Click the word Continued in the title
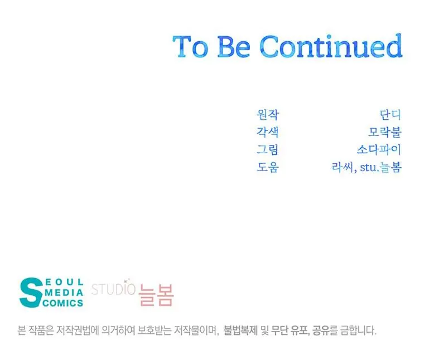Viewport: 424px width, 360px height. [331, 46]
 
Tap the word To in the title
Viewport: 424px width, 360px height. [190, 46]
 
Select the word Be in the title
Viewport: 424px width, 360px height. [234, 46]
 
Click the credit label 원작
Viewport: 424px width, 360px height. [267, 114]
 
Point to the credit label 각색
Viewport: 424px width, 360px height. [267, 132]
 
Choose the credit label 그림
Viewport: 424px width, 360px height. [267, 149]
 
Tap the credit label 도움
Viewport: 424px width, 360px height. [267, 167]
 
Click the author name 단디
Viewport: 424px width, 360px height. [390, 114]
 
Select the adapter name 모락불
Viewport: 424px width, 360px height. [385, 132]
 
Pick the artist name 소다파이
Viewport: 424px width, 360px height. [379, 149]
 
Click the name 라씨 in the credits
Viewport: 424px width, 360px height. [343, 167]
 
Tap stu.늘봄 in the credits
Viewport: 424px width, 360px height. [380, 167]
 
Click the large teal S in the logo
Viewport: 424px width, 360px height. [31, 293]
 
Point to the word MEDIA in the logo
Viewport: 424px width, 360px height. [64, 293]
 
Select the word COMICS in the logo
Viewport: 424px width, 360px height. [62, 303]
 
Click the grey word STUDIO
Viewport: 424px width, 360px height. [113, 289]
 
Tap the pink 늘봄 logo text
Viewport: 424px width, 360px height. [156, 295]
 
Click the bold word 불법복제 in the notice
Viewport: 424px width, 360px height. [240, 330]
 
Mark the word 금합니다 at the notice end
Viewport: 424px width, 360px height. [358, 330]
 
